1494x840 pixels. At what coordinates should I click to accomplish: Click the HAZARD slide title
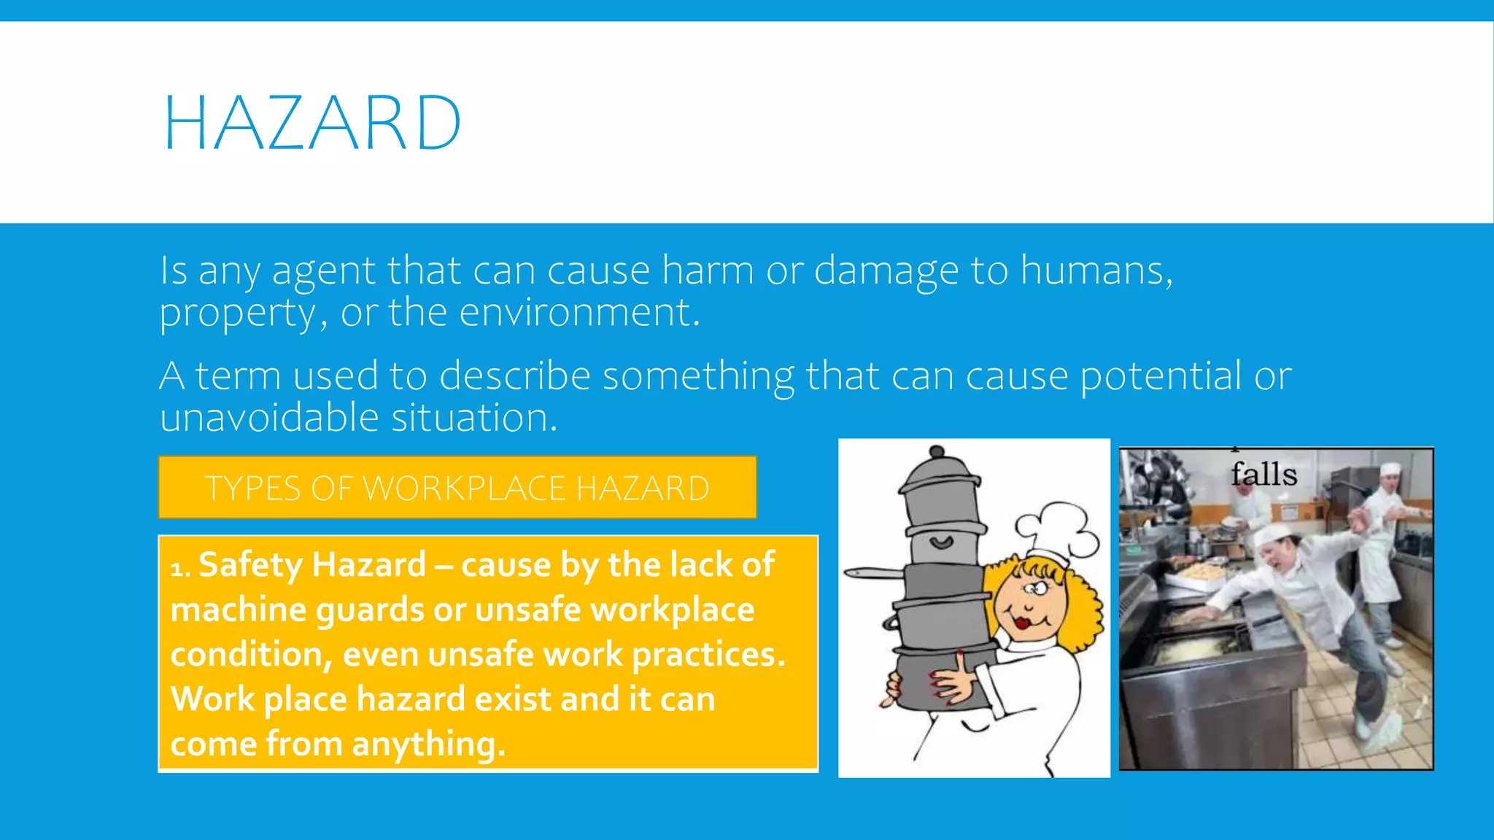click(312, 123)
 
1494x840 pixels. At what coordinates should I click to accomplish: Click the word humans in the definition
click(1096, 271)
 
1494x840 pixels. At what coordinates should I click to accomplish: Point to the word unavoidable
click(269, 418)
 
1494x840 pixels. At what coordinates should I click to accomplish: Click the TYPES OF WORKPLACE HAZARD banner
click(457, 488)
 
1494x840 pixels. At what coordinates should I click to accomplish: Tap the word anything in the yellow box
click(428, 744)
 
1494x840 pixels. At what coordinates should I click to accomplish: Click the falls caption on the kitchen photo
click(1264, 474)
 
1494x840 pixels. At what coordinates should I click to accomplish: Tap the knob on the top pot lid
click(937, 452)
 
